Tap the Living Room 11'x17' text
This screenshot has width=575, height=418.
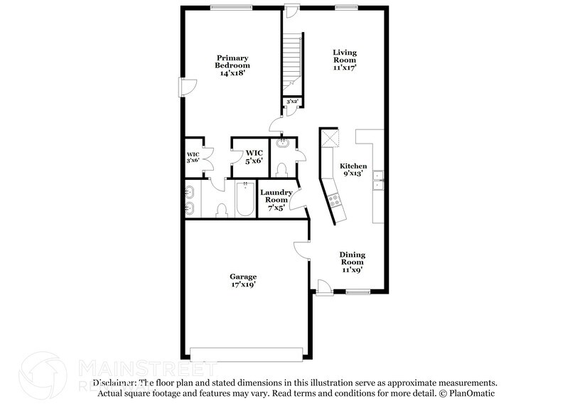tap(345, 60)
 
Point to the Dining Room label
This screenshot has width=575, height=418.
tap(352, 262)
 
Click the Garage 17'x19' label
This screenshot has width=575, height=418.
tap(242, 280)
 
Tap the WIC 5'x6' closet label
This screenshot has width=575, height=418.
tap(254, 156)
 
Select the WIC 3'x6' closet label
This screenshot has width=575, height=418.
tap(193, 158)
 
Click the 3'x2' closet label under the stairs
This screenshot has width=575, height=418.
tap(291, 102)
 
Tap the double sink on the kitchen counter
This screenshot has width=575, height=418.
tap(379, 182)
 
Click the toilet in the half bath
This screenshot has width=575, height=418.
tap(282, 169)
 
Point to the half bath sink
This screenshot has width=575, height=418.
tap(283, 143)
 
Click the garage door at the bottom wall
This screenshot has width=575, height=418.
tap(248, 353)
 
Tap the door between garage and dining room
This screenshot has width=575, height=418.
tap(301, 250)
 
